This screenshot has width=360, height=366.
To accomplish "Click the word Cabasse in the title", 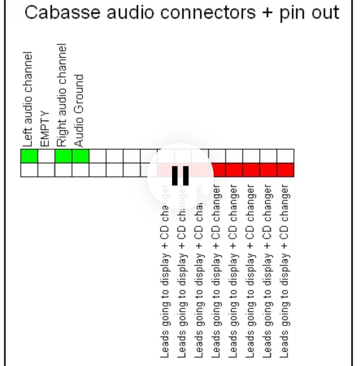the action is [x=62, y=12].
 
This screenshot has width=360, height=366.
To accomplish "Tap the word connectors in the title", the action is [x=208, y=12].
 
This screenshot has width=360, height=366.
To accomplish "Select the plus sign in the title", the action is [x=268, y=13].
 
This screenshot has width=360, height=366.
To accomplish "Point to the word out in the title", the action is [x=325, y=13].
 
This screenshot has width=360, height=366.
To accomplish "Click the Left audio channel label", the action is [x=28, y=99].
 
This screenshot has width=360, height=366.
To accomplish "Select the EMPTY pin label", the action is [x=45, y=128].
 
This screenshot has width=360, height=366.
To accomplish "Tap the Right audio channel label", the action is [x=61, y=95].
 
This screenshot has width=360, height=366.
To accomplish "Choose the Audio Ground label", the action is [x=79, y=111].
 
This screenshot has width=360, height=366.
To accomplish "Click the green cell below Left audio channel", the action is [x=29, y=156].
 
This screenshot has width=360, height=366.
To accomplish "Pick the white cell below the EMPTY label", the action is [x=46, y=156].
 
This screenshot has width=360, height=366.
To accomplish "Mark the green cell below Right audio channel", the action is [x=63, y=156].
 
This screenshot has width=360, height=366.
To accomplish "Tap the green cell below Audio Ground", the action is [x=81, y=156].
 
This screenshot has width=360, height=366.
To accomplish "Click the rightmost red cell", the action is [x=285, y=170].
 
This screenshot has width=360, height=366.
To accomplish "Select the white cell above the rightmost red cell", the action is [x=285, y=156].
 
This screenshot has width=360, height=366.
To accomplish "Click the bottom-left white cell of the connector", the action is [x=29, y=170].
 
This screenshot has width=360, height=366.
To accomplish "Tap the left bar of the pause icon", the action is [x=175, y=176].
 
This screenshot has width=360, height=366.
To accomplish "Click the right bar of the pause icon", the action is [x=186, y=176].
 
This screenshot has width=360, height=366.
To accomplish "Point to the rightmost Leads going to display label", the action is [x=284, y=271].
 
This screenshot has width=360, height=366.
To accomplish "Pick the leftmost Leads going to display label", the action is [x=165, y=271].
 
